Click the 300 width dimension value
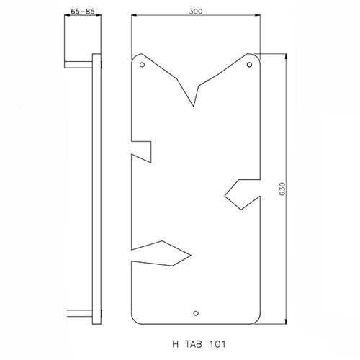196,12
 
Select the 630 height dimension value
283,189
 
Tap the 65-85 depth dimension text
83,12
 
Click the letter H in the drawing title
176,344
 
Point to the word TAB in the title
194,344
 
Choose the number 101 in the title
217,344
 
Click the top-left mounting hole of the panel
142,65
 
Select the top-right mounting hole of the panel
249,65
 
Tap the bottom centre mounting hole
196,313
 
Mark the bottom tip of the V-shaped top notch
194,106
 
